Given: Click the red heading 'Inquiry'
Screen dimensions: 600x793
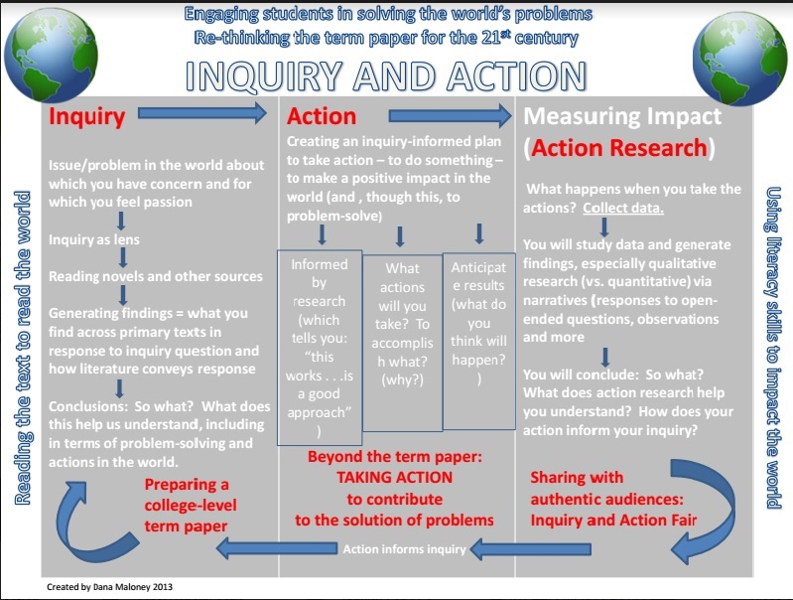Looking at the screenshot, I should click(x=87, y=116).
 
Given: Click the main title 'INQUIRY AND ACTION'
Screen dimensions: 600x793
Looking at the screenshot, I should click(x=387, y=77).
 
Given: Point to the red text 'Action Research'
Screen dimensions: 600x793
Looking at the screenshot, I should click(x=622, y=148).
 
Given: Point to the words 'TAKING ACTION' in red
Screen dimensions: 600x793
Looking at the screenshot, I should click(x=394, y=477).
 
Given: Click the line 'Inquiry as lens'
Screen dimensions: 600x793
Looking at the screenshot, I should click(x=94, y=240).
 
